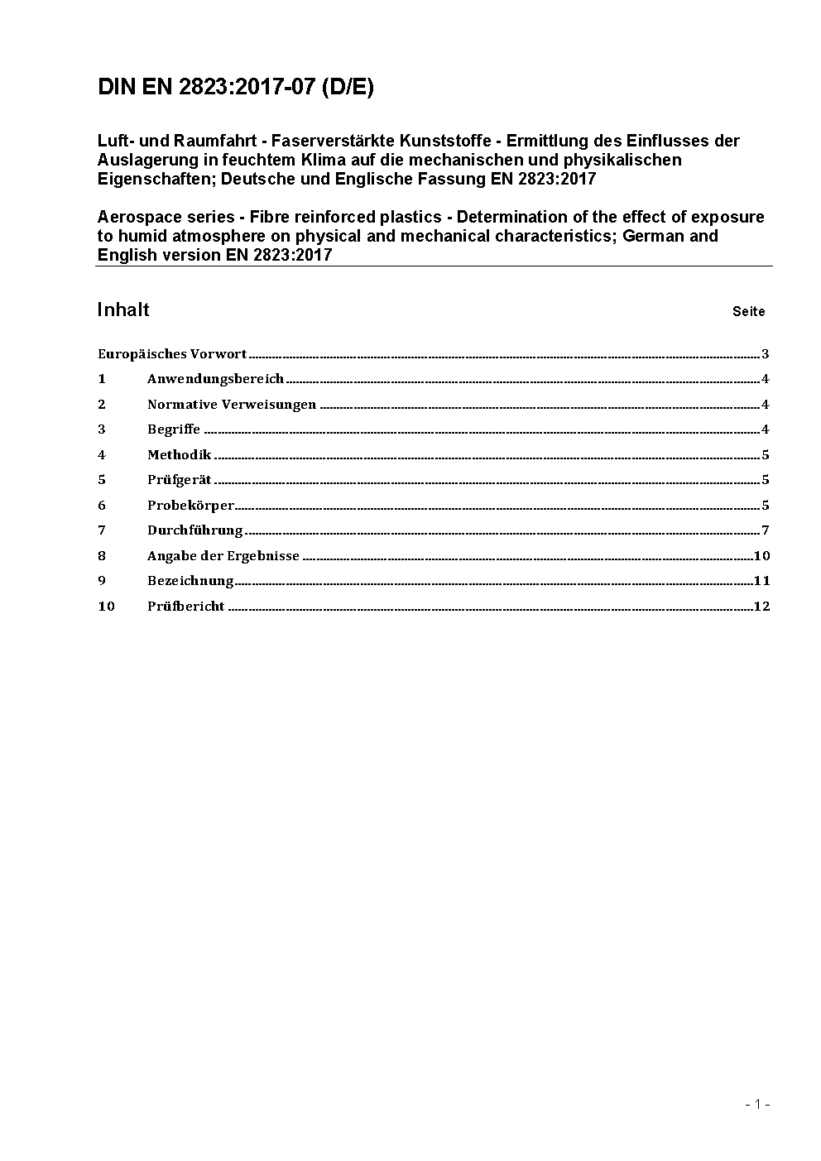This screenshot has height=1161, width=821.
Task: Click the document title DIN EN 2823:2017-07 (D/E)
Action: pos(236,88)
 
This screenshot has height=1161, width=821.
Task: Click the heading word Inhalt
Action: pos(123,309)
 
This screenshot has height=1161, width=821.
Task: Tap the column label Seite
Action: pos(748,312)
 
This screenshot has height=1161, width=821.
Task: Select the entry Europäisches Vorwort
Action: pos(172,354)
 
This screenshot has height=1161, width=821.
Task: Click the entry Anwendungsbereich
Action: pos(215,379)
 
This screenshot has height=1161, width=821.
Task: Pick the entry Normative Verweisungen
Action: pos(232,405)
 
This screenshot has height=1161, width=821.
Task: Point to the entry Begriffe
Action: pos(174,429)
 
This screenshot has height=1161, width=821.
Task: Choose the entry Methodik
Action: pos(180,455)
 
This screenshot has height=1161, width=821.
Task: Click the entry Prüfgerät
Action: pos(180,480)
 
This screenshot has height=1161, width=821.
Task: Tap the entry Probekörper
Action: pos(191,506)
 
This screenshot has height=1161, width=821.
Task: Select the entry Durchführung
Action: pos(195,530)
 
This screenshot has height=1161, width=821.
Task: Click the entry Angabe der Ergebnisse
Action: pos(223,556)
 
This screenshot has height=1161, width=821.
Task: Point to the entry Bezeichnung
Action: pos(190,581)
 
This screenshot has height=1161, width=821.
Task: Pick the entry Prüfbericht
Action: pos(186,607)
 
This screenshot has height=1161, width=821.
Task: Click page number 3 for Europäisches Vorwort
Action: pos(766,354)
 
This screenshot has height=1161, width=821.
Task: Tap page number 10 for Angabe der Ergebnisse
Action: pos(762,556)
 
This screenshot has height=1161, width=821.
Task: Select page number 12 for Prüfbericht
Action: pos(762,607)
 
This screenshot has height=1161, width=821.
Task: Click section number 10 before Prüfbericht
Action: pos(106,607)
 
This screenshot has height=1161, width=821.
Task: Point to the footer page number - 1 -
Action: pos(757,1104)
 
